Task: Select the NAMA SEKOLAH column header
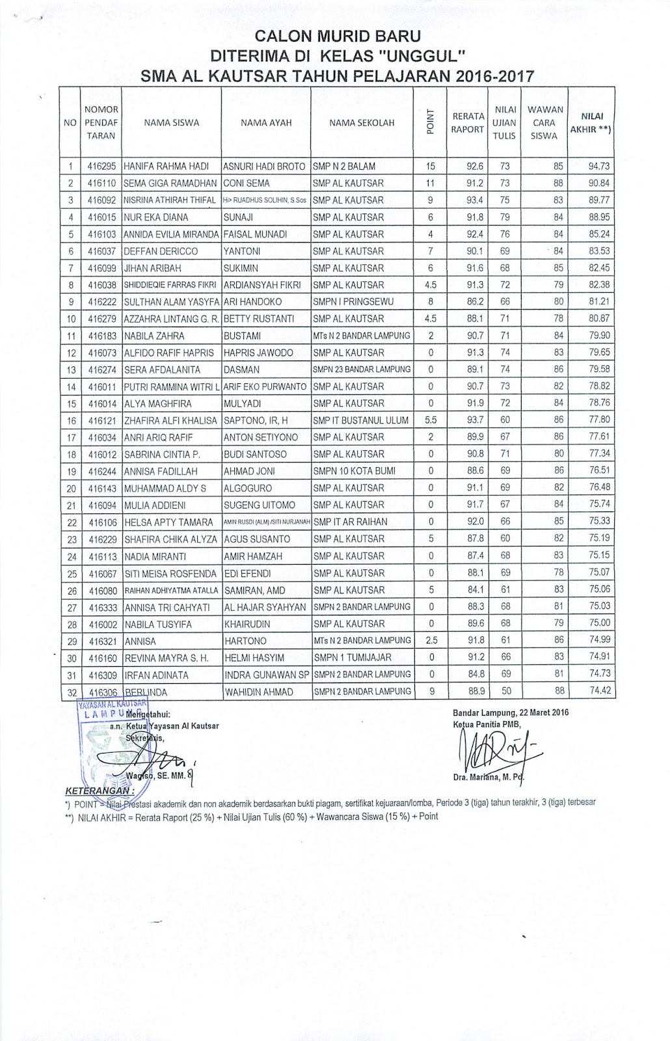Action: (x=362, y=122)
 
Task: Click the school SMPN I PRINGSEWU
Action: (x=353, y=302)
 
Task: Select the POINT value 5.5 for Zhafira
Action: (x=431, y=420)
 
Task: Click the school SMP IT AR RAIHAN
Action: (x=350, y=522)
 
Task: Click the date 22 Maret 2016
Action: (x=533, y=712)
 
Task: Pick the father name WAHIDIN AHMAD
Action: (x=258, y=692)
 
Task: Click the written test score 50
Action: (x=505, y=692)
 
